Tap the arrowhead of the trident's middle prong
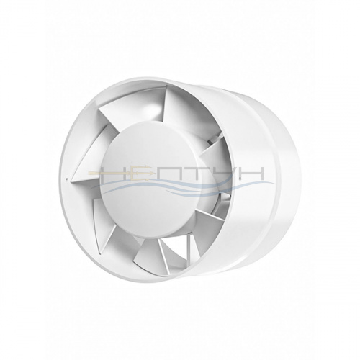click(x=150, y=173)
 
